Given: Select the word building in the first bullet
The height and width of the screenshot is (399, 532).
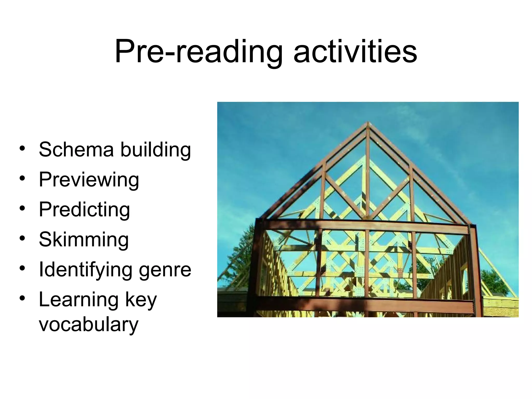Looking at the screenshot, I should click(156, 150).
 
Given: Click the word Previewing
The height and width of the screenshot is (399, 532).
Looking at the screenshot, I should click(89, 180).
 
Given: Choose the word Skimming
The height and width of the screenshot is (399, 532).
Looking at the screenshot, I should click(84, 240).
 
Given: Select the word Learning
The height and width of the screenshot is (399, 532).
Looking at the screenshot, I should click(79, 300).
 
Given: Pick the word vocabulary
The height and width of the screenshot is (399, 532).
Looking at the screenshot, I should click(89, 325).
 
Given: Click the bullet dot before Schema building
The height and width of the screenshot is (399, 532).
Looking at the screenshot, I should click(22, 149).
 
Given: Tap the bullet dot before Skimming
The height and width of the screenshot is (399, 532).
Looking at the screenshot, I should click(22, 238).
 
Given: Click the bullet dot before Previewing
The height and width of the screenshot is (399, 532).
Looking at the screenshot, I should click(22, 178).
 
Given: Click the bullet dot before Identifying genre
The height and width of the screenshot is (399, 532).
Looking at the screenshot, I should click(22, 268).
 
